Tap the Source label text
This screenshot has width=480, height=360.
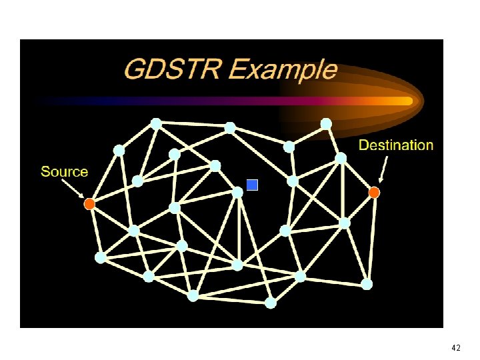[64, 171]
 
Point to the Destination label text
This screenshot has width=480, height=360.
[396, 145]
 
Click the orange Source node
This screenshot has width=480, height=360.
[89, 204]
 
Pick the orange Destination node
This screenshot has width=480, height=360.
[374, 193]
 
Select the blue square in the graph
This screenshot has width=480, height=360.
[252, 185]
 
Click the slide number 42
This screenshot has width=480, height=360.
[456, 348]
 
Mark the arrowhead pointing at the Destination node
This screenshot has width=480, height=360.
[380, 180]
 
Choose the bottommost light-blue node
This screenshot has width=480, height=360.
[271, 303]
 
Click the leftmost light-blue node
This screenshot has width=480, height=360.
[101, 257]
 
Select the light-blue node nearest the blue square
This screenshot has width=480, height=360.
[237, 192]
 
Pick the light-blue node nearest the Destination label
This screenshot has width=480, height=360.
[341, 158]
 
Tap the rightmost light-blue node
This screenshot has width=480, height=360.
[367, 284]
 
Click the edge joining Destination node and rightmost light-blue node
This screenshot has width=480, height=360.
[371, 238]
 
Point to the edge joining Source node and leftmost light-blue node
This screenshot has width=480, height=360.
[95, 231]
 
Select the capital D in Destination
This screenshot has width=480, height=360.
[364, 145]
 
